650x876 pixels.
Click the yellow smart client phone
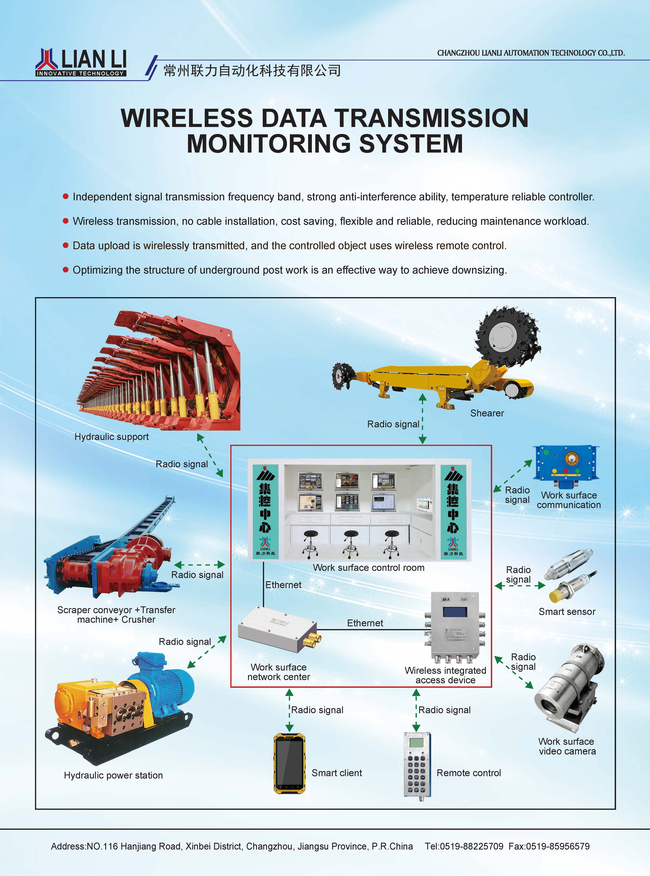289,764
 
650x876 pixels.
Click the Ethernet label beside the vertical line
283,585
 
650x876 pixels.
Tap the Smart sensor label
567,611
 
